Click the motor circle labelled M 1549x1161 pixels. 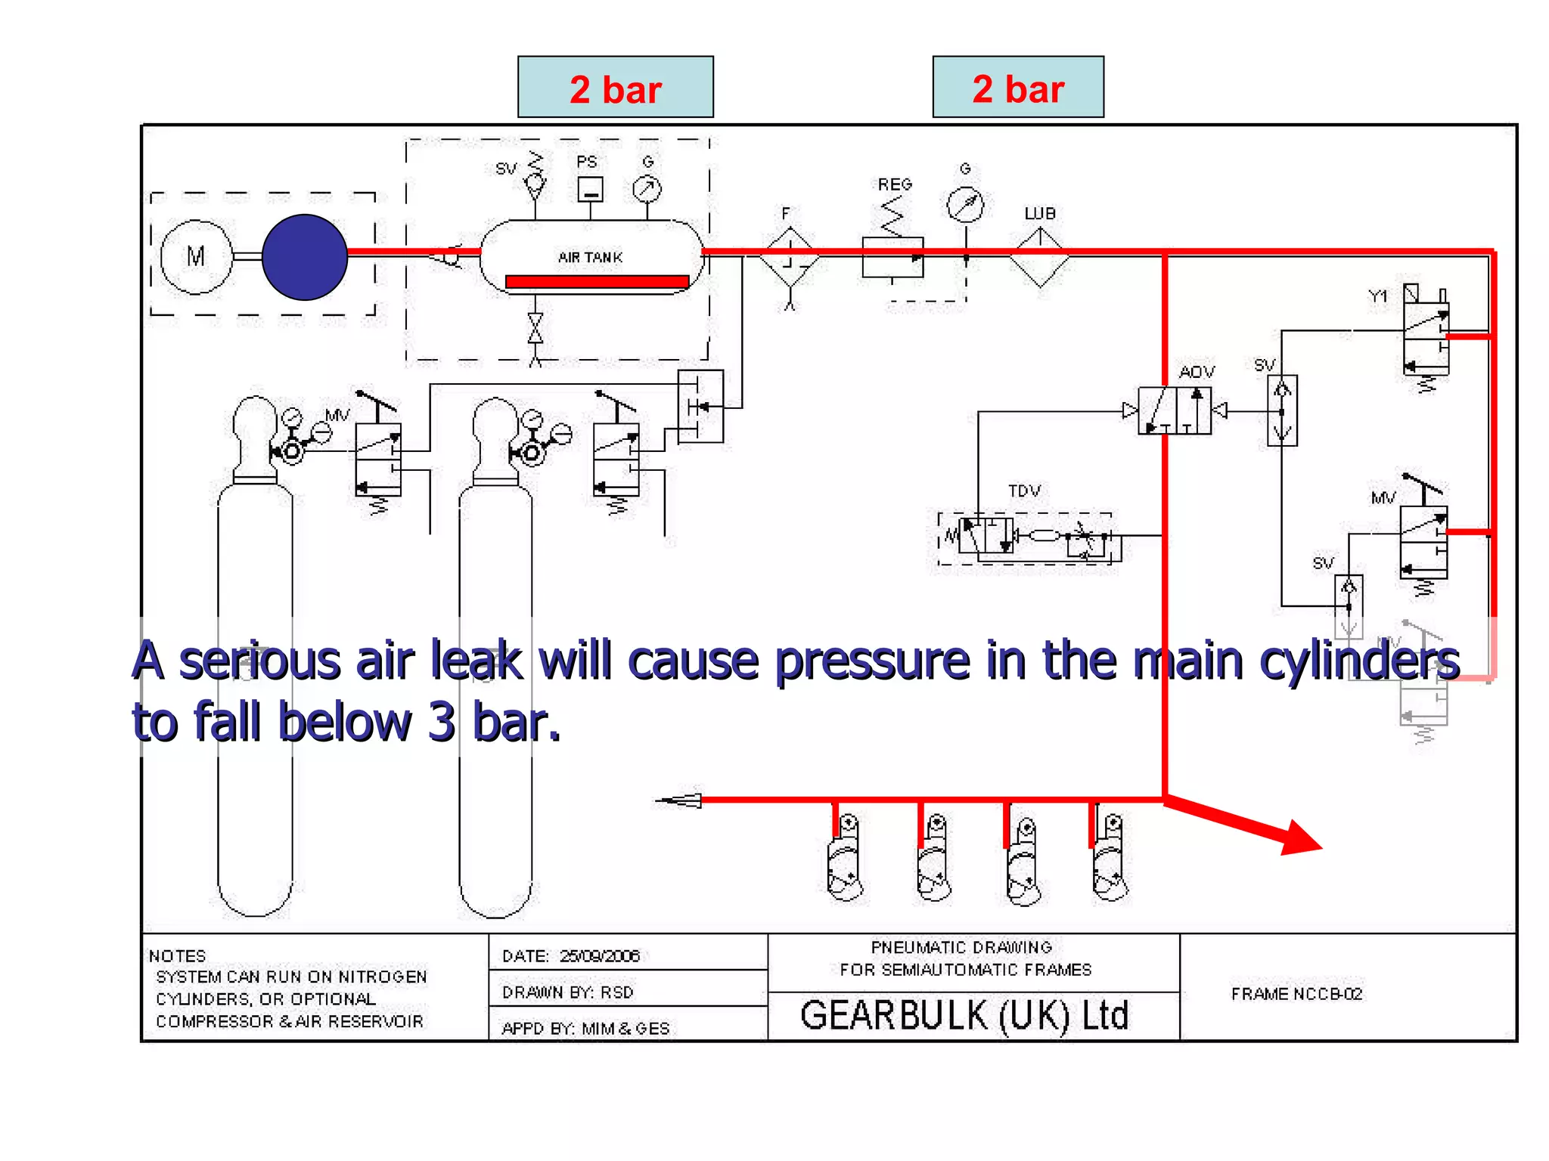tap(196, 257)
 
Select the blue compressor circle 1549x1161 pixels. tap(305, 257)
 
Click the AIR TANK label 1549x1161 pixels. tap(590, 258)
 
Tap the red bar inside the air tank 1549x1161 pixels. tap(597, 282)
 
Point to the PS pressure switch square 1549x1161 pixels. tap(590, 189)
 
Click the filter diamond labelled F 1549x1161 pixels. tap(790, 257)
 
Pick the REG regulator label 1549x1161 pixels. tap(895, 184)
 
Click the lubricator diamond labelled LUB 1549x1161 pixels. tap(1040, 258)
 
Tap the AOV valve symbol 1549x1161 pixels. tap(1174, 410)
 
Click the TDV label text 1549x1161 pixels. tap(1024, 491)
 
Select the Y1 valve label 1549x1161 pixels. tap(1378, 296)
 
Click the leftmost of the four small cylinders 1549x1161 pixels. tap(845, 858)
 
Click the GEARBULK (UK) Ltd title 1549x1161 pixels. tap(964, 1015)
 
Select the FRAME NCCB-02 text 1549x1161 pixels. tap(1296, 994)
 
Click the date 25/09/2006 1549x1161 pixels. tap(600, 956)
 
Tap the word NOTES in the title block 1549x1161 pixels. tap(177, 956)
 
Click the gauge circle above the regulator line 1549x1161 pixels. tap(966, 204)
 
